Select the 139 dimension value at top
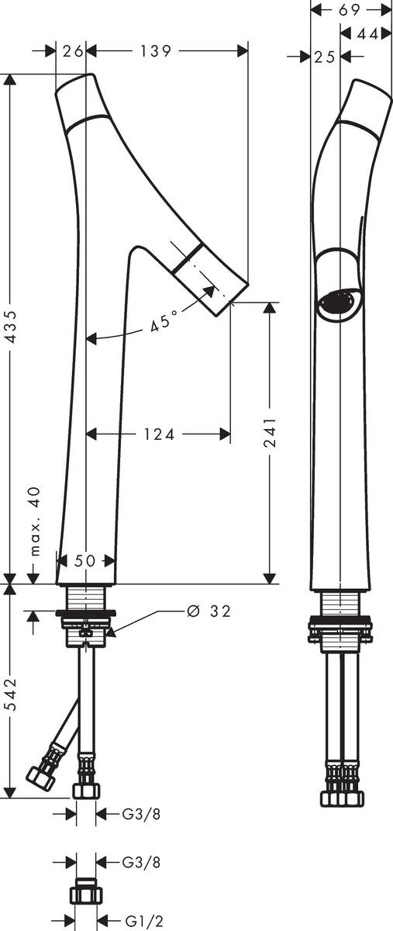[x=155, y=51]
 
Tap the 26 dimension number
[x=72, y=51]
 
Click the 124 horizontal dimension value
[x=160, y=434]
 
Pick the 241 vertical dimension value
[x=270, y=432]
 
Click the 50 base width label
[x=84, y=561]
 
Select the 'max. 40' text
[x=36, y=521]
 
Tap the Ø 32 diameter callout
[x=209, y=611]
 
